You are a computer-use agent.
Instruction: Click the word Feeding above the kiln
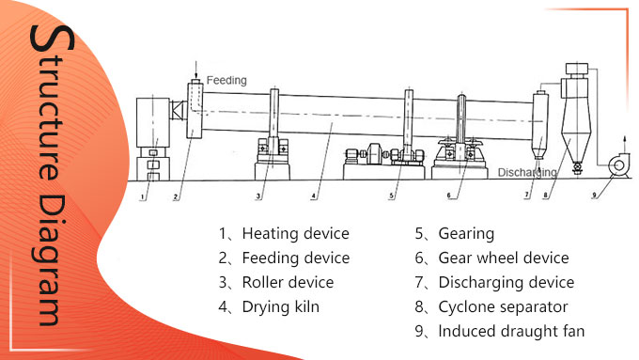(226, 81)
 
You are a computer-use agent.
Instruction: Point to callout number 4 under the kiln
(315, 198)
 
